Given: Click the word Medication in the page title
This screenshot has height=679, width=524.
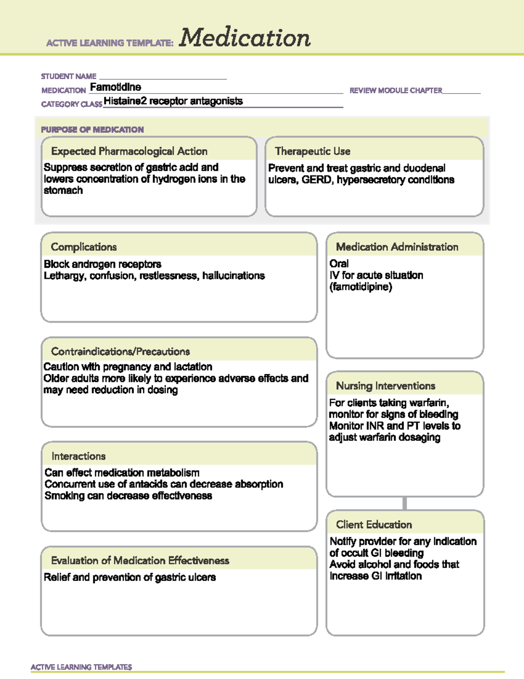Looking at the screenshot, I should coord(245,38).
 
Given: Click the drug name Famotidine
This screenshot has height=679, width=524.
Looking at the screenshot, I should coord(115,87).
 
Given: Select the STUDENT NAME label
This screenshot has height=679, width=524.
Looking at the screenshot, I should coord(69,77).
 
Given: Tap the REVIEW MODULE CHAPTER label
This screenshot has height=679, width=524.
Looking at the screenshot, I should coord(396,91).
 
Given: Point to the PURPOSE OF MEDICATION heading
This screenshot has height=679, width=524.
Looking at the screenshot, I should coord(92,130).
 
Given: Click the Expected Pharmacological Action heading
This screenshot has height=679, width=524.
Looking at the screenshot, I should coord(129,151).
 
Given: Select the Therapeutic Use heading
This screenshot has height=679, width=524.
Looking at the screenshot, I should coord(313,151).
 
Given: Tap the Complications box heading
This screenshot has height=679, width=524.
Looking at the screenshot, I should coord(84,247).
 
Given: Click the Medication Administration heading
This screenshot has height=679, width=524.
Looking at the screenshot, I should coord(397,247).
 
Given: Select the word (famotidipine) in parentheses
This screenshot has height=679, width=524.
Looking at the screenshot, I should coord(361,287).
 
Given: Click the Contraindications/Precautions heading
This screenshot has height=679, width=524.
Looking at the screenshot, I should coord(121,352).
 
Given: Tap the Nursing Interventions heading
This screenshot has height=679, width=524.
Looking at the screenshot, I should coord(386,386).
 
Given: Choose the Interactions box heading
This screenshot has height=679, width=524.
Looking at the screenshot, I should coord(79,456).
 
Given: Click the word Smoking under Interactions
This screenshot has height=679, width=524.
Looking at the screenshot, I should coord(65,496).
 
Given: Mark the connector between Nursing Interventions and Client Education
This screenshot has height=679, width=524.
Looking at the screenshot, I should coord(405,503).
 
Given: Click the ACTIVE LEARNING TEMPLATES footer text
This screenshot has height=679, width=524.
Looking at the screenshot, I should coord(81,667).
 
